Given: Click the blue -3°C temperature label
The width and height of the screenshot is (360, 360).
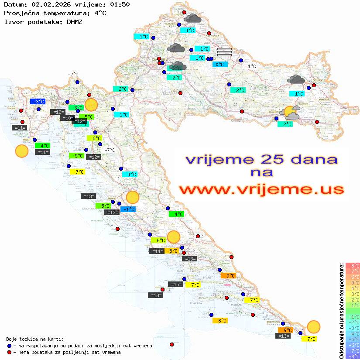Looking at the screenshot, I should click(x=38, y=102).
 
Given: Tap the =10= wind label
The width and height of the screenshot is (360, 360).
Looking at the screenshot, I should click(x=67, y=118).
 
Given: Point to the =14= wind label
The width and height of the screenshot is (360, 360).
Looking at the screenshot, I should click(x=157, y=251).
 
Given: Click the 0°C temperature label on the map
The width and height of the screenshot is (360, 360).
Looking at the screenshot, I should click(x=220, y=65).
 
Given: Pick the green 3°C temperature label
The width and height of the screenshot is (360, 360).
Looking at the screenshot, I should click(x=76, y=107).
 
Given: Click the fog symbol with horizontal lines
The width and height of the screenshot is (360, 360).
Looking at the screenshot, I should click(x=224, y=52).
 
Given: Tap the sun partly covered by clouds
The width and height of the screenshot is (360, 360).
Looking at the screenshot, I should click(x=291, y=113).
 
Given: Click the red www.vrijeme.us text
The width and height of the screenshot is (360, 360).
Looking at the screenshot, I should click(x=261, y=189).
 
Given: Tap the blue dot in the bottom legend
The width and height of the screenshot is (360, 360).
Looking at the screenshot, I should click(x=9, y=346).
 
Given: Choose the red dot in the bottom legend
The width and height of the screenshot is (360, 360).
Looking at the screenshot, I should click(x=9, y=352).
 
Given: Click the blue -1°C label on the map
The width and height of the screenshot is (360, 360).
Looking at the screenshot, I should click(x=128, y=209).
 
